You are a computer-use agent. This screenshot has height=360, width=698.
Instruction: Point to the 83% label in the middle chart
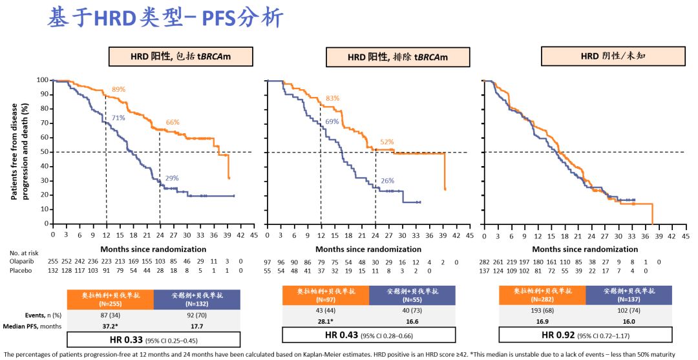(333, 98)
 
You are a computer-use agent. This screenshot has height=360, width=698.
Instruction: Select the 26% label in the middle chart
(388, 181)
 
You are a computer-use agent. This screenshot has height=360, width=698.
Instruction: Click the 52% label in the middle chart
(386, 142)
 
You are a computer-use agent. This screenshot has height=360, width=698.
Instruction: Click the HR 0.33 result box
(153, 339)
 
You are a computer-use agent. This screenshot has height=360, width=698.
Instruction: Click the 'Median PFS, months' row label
(32, 326)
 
